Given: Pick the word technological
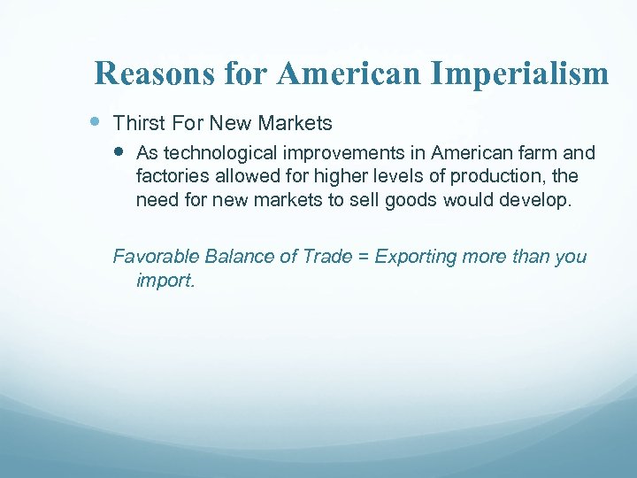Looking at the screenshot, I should pyautogui.click(x=214, y=153).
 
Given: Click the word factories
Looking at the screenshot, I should pyautogui.click(x=171, y=176).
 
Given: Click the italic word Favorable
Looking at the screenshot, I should pyautogui.click(x=156, y=257).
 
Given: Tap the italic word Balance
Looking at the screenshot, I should pyautogui.click(x=238, y=257).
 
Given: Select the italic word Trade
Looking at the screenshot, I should pyautogui.click(x=326, y=257).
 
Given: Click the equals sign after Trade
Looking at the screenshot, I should pyautogui.click(x=363, y=257).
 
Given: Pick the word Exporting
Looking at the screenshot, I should pyautogui.click(x=412, y=257).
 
